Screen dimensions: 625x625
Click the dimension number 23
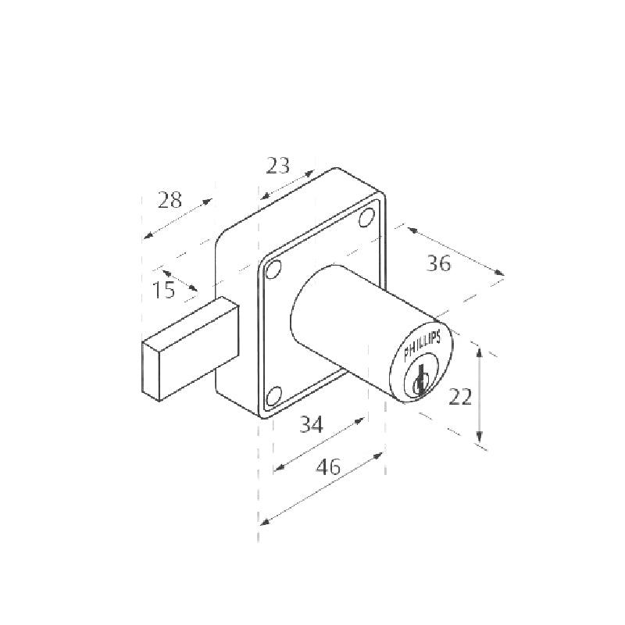[x=278, y=166]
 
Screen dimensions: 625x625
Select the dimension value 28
[x=170, y=200]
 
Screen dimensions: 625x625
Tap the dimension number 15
[x=163, y=289]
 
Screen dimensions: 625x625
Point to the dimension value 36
[x=438, y=263]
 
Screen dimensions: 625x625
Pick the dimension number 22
[x=460, y=397]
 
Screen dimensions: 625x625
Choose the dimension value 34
[x=311, y=424]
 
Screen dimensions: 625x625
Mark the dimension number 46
[x=328, y=466]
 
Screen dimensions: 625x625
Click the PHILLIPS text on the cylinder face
[x=422, y=345]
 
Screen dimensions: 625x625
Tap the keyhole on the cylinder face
[x=420, y=380]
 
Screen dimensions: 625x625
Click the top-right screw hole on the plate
[x=366, y=217]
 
